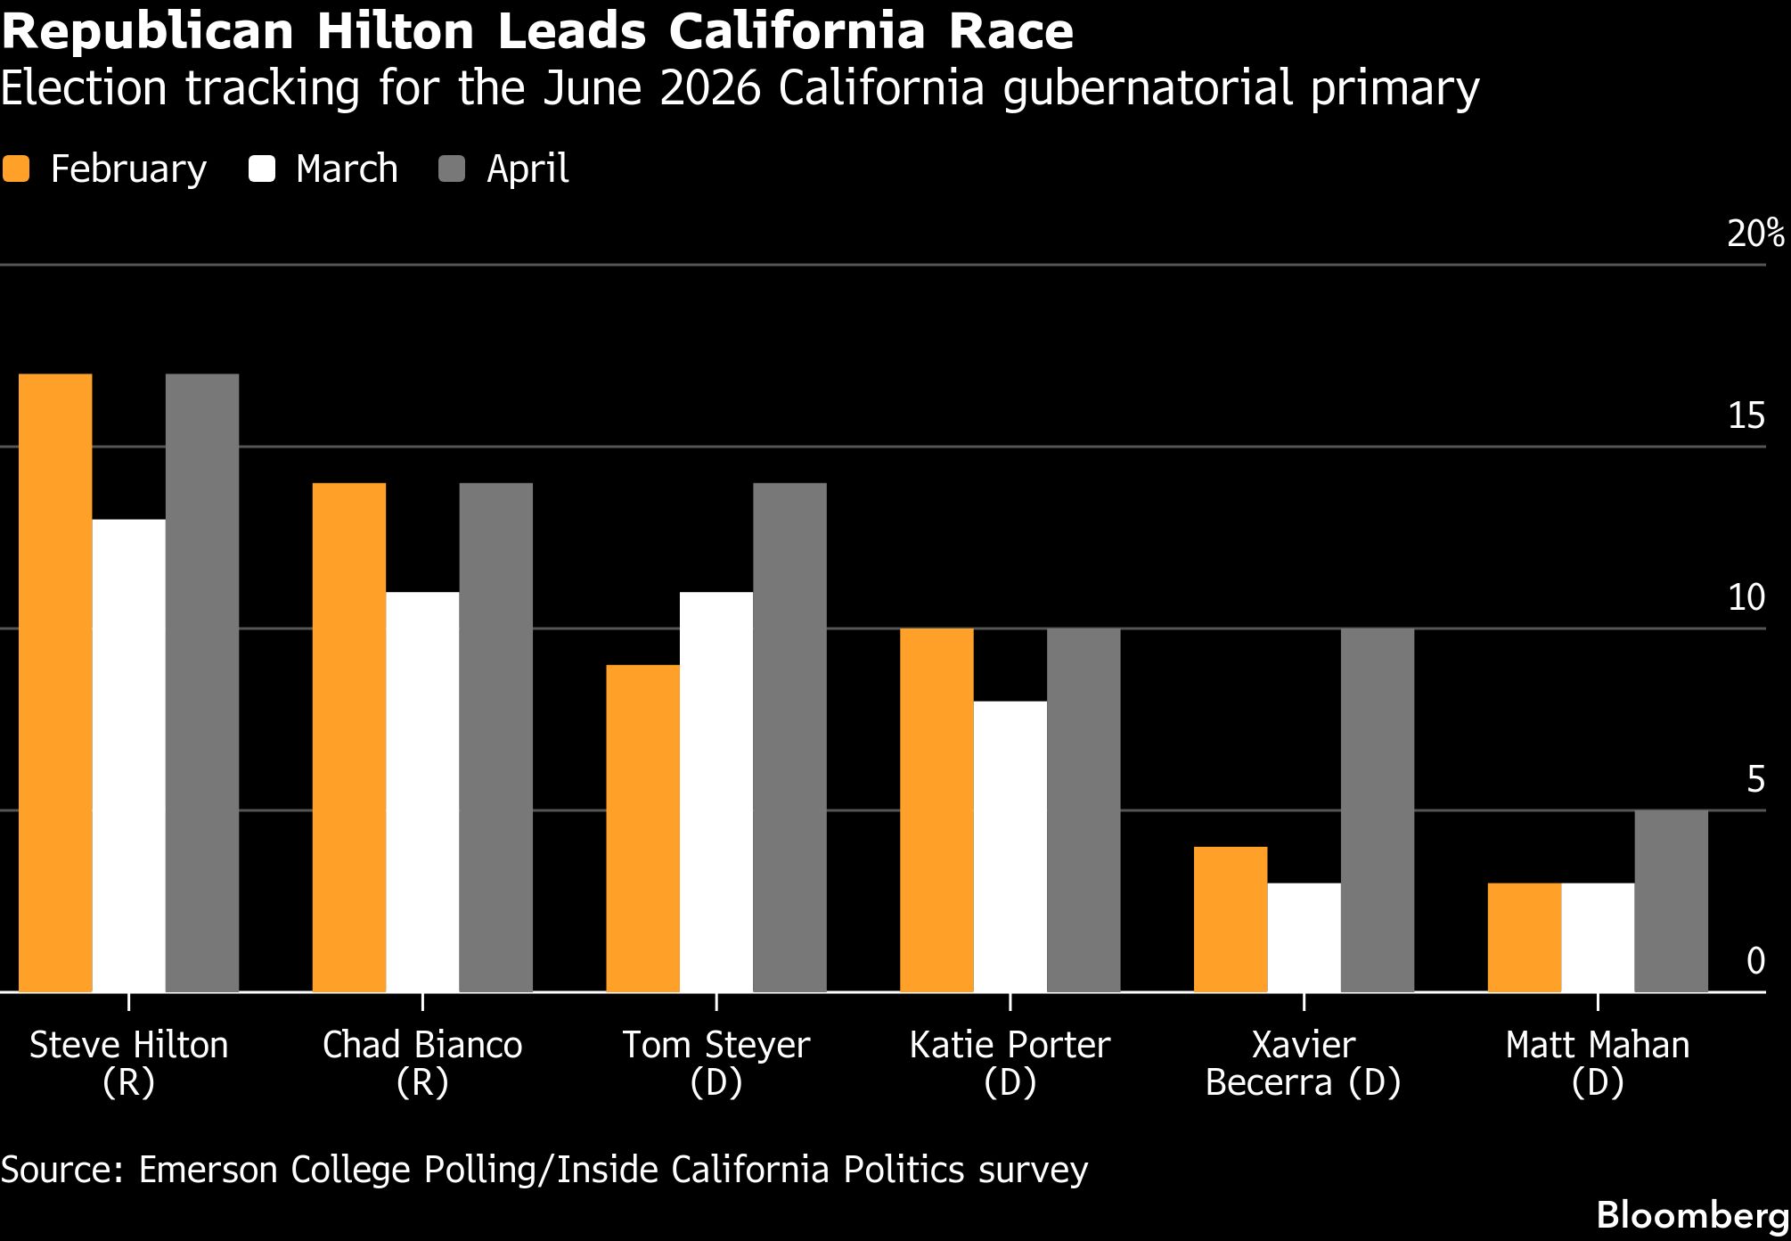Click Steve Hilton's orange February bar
[55, 683]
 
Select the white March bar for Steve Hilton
[128, 756]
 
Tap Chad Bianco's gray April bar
[495, 737]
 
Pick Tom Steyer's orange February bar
[642, 828]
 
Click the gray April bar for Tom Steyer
[789, 737]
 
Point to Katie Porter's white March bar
[1010, 847]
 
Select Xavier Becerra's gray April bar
[1377, 810]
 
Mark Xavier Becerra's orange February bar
[1230, 919]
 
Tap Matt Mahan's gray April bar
[1671, 901]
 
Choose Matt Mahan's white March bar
[1598, 938]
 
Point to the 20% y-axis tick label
[1754, 234]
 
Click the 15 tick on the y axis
[1746, 416]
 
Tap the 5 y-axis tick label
[1755, 780]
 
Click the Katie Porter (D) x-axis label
[1010, 1063]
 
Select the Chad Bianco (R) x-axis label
[422, 1063]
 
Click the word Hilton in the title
[396, 32]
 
